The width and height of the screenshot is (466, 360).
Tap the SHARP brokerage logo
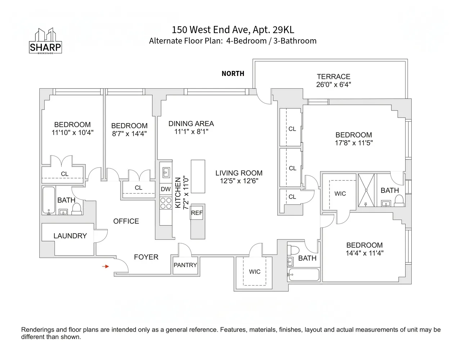tap(45, 42)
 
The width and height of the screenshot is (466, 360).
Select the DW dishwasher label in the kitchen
tap(166, 189)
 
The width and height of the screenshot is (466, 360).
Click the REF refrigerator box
tap(197, 213)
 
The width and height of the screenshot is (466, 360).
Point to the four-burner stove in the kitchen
tap(166, 203)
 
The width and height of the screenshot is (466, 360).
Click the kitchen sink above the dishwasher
tap(166, 172)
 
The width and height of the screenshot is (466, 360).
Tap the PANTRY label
tap(185, 265)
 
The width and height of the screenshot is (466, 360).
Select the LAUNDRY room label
tap(70, 236)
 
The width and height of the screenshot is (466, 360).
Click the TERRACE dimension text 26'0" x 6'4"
tap(333, 85)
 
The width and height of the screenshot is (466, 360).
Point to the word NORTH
tap(233, 73)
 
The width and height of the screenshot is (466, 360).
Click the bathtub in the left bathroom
tap(49, 200)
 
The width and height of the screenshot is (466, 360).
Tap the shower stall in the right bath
tap(366, 190)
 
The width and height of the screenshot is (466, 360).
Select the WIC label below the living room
tap(255, 272)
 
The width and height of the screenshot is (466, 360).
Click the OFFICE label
tap(126, 221)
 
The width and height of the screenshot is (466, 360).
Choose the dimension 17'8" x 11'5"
tap(354, 143)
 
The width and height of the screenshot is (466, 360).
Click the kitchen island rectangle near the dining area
tap(198, 176)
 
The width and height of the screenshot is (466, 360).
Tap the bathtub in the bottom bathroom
tap(304, 275)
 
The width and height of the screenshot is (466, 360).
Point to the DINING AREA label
tap(191, 123)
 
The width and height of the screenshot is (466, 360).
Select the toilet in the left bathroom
tap(77, 208)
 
